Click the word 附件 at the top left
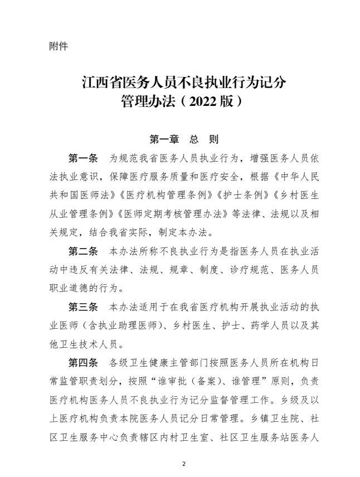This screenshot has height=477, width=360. [x=59, y=47]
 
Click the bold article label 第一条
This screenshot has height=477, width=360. [x=82, y=158]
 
